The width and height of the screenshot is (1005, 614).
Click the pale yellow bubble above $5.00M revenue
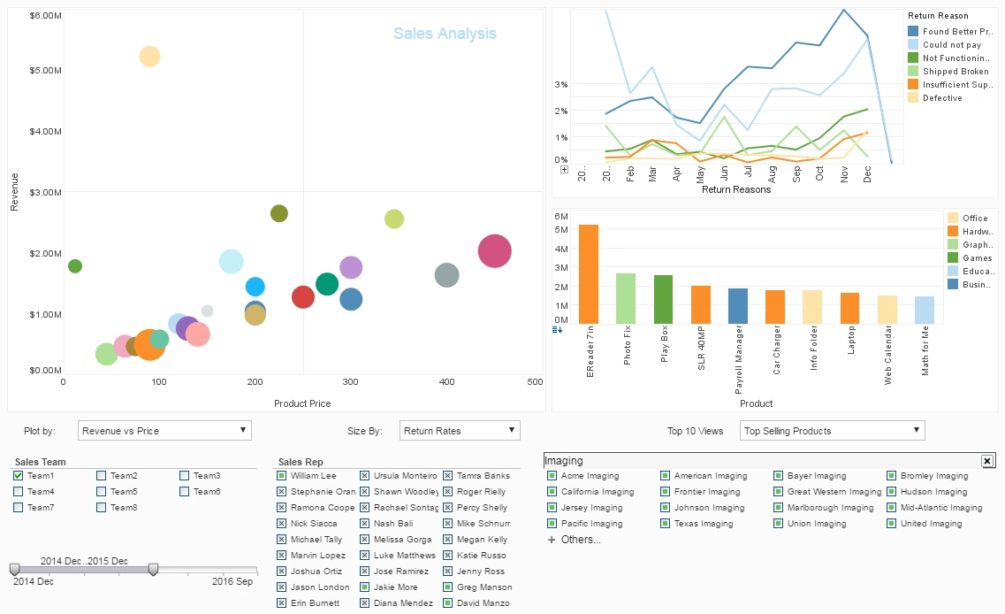[149, 57]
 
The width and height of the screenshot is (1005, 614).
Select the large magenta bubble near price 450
[495, 251]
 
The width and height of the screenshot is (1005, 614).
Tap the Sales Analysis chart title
[445, 34]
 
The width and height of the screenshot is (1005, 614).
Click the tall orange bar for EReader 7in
[589, 274]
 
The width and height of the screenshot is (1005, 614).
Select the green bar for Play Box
[663, 299]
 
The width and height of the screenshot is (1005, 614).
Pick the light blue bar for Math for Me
[925, 310]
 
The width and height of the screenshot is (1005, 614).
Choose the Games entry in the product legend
[975, 258]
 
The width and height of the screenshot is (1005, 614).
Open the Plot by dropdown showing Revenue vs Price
[164, 431]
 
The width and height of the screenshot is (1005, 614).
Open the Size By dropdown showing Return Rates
[460, 431]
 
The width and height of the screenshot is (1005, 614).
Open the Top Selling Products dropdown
[832, 431]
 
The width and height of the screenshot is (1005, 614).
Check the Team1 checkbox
[19, 476]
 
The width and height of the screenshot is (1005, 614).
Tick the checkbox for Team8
[102, 508]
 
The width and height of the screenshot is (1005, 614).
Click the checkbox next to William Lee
[282, 476]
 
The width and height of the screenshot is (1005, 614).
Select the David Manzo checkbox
[448, 603]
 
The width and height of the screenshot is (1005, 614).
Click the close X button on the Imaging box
[987, 461]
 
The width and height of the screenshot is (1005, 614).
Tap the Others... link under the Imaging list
[580, 540]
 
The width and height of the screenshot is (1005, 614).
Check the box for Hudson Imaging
[892, 492]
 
